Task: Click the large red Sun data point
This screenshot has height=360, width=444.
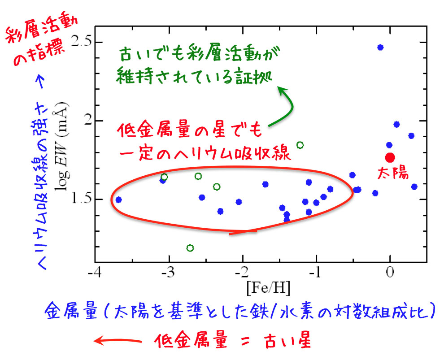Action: (390, 157)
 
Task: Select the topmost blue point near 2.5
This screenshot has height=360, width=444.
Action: (380, 47)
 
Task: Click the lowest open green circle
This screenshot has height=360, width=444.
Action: (190, 248)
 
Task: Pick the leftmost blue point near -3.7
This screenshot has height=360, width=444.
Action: (118, 200)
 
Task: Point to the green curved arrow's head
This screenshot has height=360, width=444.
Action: (282, 90)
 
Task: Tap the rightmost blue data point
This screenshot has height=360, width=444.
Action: (414, 187)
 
